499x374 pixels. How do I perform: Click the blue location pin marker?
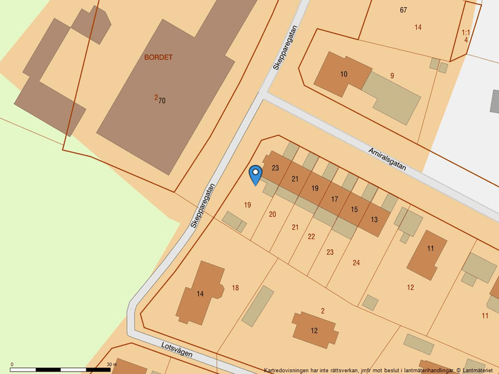(x=256, y=175)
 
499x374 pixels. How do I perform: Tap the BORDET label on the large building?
(x=158, y=57)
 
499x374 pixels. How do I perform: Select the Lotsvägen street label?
(x=177, y=349)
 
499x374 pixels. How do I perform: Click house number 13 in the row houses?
(x=374, y=219)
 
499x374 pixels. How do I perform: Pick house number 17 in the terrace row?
(x=334, y=199)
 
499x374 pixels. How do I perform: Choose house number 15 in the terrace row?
(x=354, y=209)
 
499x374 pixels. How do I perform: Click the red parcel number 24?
(x=356, y=262)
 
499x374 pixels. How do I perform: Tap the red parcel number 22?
(x=311, y=236)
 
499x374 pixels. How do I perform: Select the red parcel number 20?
(x=272, y=214)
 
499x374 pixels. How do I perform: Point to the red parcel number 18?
(x=235, y=288)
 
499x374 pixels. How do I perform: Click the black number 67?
(x=403, y=10)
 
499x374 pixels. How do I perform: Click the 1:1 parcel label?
(x=465, y=33)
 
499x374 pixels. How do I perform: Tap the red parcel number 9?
(x=392, y=76)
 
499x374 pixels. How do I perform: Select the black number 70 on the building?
(x=162, y=101)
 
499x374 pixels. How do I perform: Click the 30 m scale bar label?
(x=111, y=364)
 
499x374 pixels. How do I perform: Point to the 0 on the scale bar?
(x=12, y=364)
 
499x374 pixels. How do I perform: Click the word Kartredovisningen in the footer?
(x=287, y=370)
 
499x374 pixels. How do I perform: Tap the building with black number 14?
(x=200, y=294)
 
